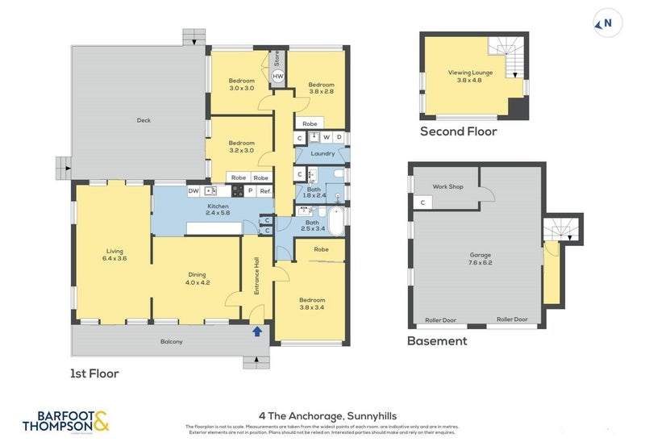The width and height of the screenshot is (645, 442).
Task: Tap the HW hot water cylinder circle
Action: pos(277,77)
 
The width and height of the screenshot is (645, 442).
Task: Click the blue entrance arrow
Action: pos(257,330)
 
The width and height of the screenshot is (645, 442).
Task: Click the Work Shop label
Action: pos(447,186)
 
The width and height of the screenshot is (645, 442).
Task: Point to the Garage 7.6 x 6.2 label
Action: pos(481,259)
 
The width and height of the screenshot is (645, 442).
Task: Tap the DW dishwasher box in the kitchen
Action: pos(193,191)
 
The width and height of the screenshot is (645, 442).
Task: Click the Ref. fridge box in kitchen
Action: pos(264,191)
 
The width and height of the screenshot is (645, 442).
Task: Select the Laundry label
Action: pos(322,153)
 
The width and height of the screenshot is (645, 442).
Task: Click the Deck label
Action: pos(144,120)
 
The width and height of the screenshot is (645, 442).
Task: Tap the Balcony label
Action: pos(171,341)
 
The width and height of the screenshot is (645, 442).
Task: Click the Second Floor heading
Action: pos(458,131)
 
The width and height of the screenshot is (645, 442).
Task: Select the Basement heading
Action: pos(437,341)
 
